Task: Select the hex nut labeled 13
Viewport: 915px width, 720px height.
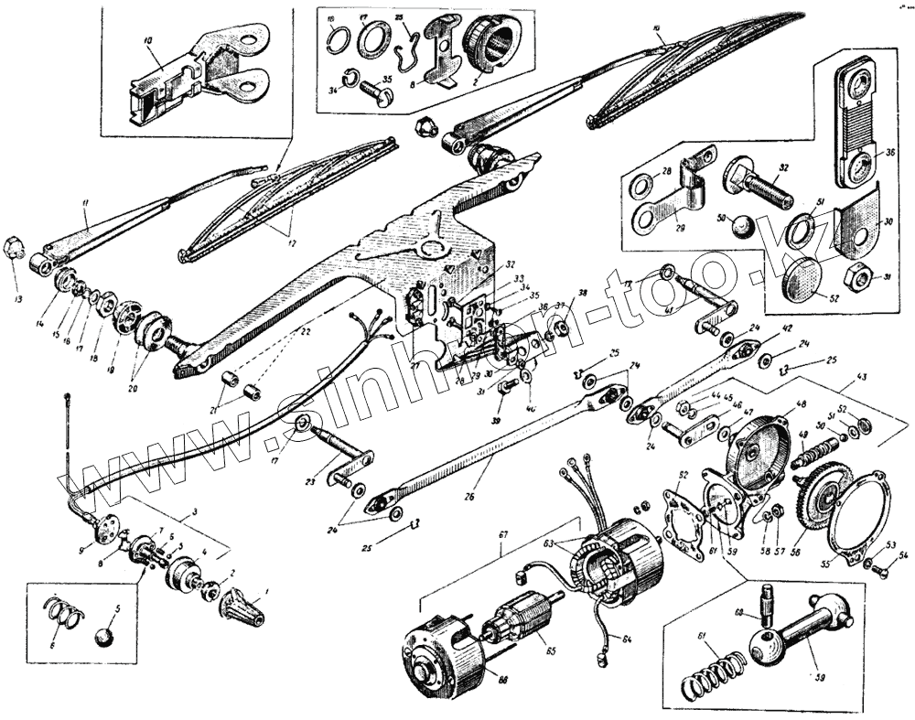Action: [x=14, y=247]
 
